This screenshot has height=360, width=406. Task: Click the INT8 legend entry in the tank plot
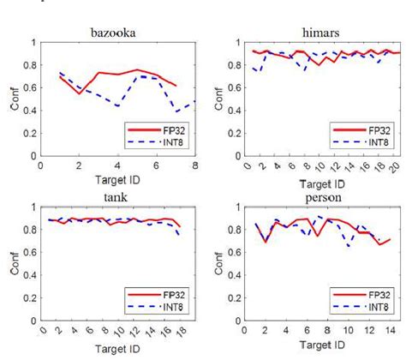167,304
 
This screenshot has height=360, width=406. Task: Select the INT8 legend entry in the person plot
373,304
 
